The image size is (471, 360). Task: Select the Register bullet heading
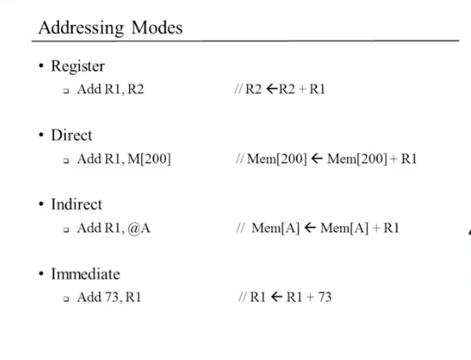tap(77, 67)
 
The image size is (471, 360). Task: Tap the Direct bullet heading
tap(71, 135)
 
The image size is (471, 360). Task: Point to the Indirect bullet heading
tap(77, 204)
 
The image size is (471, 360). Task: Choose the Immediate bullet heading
tap(85, 274)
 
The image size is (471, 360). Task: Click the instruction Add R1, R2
tap(110, 89)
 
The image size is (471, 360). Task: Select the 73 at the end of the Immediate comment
tap(324, 297)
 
